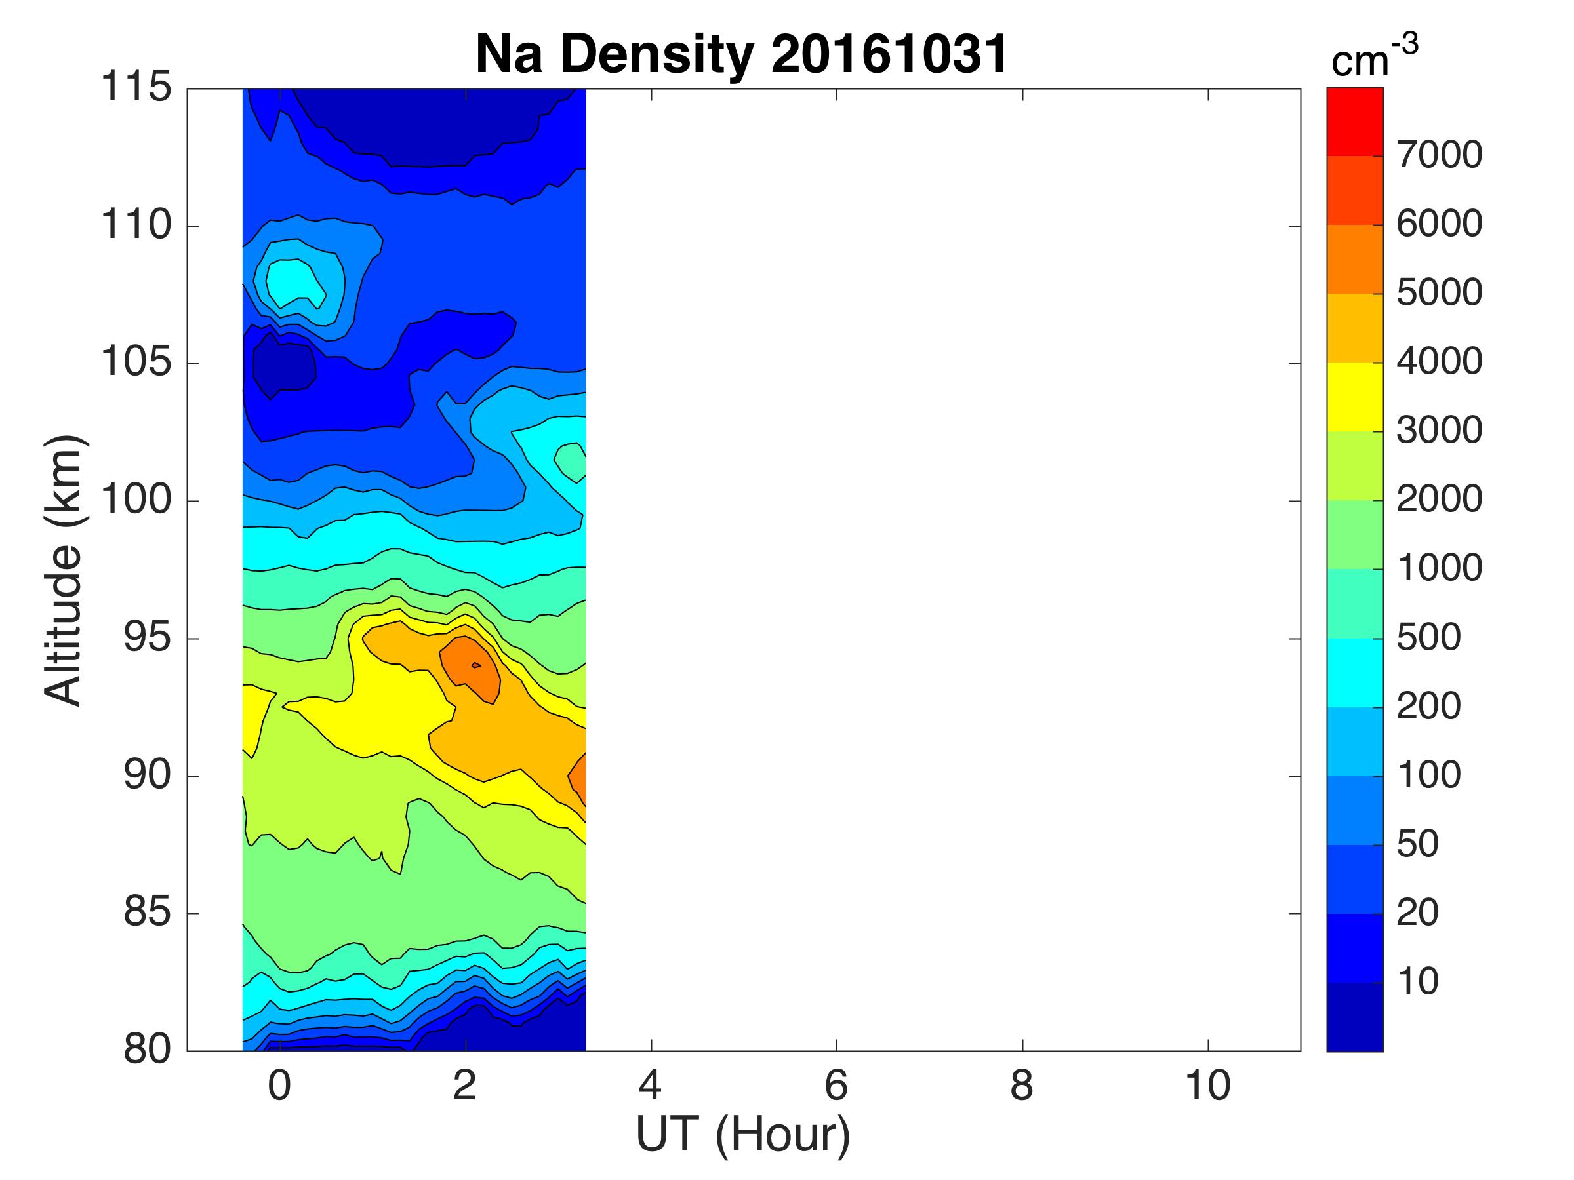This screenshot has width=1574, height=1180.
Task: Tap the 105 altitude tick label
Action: coord(136,362)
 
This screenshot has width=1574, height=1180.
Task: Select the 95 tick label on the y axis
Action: coord(148,637)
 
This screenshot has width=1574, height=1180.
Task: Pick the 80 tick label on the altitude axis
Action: coord(148,1049)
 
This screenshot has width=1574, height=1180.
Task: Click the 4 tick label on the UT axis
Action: coord(651,1086)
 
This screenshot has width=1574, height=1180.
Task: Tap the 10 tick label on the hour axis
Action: coord(1207,1086)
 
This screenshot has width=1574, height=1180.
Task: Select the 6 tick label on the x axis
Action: coord(836,1086)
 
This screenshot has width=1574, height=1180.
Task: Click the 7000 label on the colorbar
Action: coord(1439,155)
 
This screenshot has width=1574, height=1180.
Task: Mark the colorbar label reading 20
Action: coord(1417,913)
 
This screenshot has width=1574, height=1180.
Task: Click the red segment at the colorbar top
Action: coord(1354,121)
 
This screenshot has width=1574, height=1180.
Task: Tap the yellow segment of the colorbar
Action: coord(1354,397)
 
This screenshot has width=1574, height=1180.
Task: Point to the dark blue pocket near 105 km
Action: coord(283,367)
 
